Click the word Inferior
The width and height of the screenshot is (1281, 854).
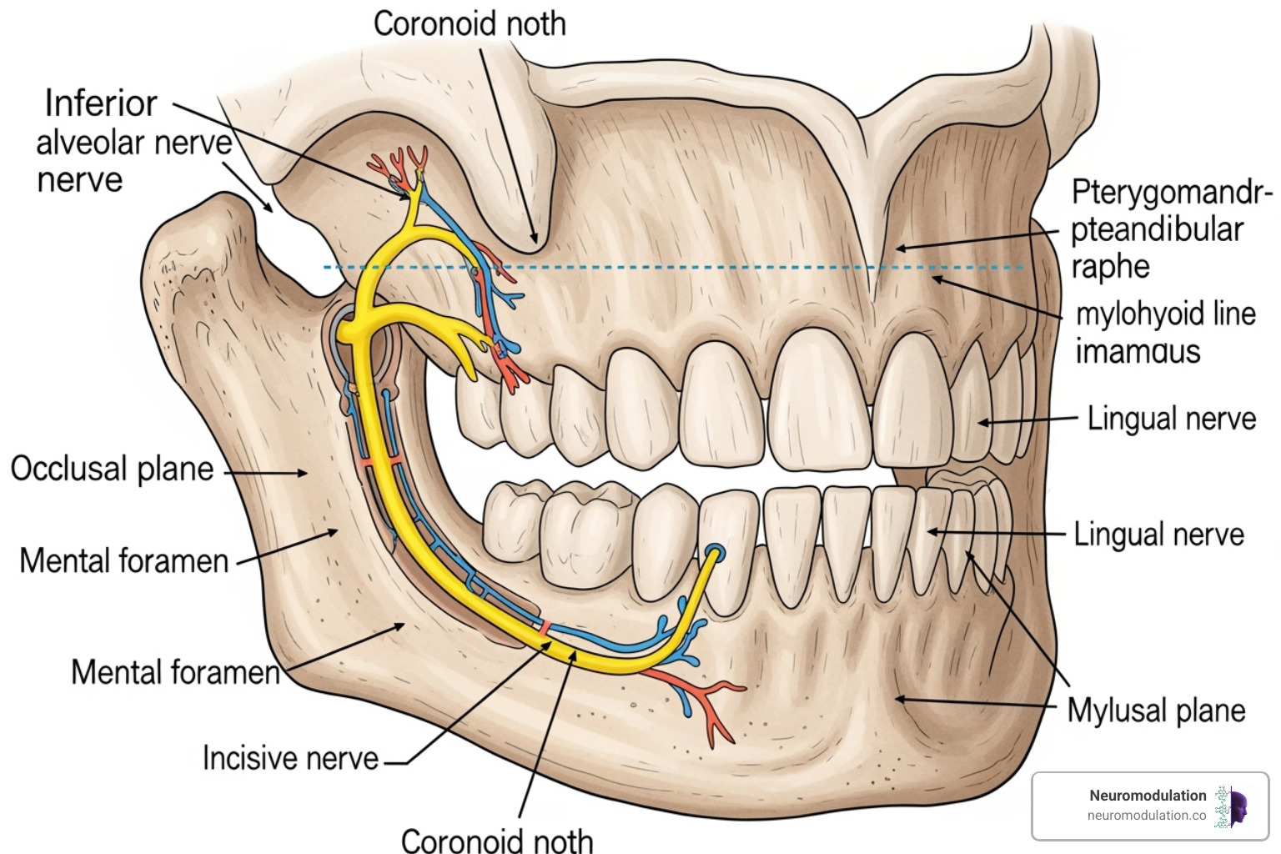click(101, 103)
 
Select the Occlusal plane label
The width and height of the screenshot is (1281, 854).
click(112, 469)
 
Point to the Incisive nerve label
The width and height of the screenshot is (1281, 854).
click(290, 758)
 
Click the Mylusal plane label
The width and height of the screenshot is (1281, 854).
click(1156, 711)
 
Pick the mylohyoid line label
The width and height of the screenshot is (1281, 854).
click(1165, 314)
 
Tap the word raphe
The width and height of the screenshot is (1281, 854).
click(1110, 267)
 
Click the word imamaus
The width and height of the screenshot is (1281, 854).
click(1138, 351)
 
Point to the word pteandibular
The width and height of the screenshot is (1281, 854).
click(1158, 229)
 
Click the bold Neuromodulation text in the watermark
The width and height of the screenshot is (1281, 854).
click(1148, 796)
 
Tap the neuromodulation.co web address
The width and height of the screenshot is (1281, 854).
click(1147, 816)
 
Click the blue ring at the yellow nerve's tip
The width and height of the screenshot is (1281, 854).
click(715, 552)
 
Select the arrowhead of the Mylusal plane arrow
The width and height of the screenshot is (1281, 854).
click(895, 699)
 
